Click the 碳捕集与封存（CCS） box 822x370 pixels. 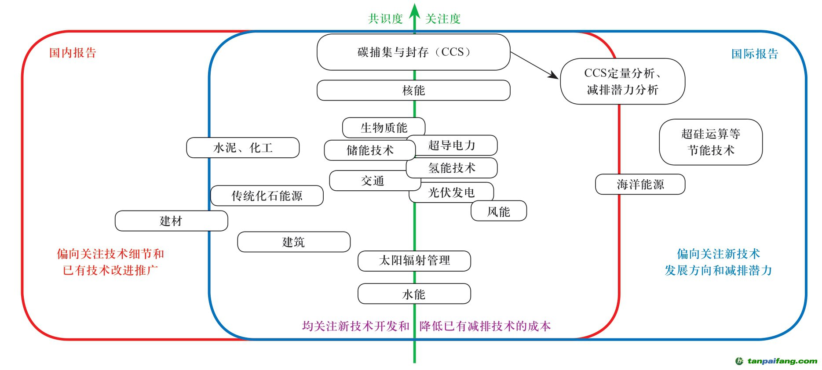click(413, 52)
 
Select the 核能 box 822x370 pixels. click(413, 91)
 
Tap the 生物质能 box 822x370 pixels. click(384, 128)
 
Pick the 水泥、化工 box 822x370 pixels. click(243, 148)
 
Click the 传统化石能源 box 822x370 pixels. click(267, 196)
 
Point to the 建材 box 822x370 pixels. click(171, 221)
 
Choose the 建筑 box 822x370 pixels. click(293, 242)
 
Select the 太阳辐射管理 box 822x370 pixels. click(414, 261)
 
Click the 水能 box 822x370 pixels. click(414, 294)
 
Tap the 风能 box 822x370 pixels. click(499, 211)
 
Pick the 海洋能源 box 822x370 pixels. click(640, 185)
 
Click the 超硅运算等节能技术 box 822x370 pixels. click(711, 142)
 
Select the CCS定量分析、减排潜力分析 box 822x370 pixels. click(622, 81)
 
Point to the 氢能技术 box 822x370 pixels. click(452, 168)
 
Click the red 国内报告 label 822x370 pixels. click(73, 53)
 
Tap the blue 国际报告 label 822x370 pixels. click(755, 54)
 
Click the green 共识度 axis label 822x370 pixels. click(385, 19)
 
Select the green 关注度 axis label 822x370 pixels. click(443, 19)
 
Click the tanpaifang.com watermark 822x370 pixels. click(777, 361)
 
